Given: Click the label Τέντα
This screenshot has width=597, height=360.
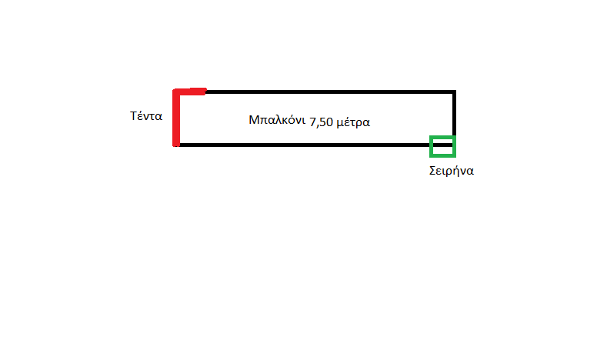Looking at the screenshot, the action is click(145, 117).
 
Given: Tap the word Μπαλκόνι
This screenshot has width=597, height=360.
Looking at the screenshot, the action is click(277, 121).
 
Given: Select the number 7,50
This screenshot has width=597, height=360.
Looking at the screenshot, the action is click(322, 122).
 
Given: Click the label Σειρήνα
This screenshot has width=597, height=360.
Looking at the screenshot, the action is click(451, 171).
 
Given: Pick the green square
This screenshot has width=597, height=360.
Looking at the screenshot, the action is click(443, 145).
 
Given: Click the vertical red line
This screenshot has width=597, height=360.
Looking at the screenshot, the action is click(176, 119).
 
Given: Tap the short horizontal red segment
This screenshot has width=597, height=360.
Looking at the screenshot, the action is click(192, 92).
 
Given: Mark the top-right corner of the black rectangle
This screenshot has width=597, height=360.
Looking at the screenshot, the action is click(455, 92).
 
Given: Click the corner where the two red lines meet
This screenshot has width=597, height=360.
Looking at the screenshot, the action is click(177, 92).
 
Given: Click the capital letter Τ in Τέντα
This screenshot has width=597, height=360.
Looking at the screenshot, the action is click(133, 117).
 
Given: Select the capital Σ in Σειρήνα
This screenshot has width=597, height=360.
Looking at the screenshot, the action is click(432, 171).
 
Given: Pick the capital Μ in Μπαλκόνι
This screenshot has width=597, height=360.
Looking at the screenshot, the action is click(254, 120).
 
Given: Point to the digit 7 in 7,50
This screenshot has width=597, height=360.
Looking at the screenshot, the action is click(312, 122).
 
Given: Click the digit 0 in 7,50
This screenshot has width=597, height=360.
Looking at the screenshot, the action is click(330, 122).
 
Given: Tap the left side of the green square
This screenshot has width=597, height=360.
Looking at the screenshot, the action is click(432, 145).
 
